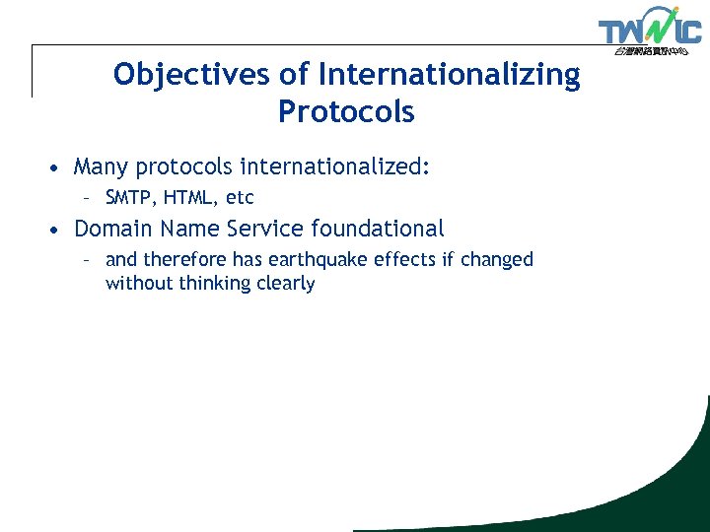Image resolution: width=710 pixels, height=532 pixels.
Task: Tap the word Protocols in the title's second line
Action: coord(346,112)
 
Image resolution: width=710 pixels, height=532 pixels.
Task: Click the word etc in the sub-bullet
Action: coord(240,198)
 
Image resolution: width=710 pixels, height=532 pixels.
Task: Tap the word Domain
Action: coord(113,229)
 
